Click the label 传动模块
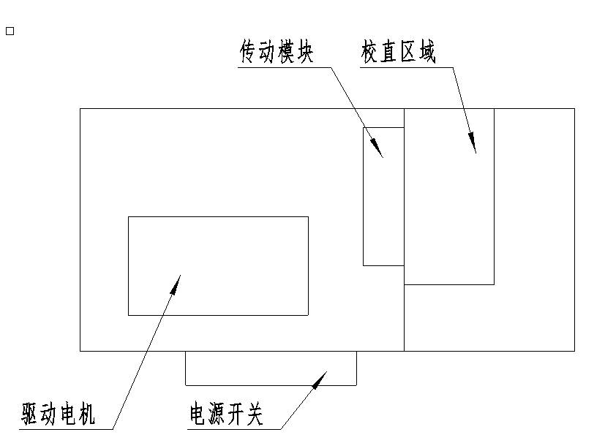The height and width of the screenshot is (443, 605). [277, 52]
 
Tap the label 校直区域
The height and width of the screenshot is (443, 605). [399, 52]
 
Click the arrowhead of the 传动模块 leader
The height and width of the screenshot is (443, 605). [379, 151]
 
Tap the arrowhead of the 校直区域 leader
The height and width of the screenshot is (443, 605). [473, 145]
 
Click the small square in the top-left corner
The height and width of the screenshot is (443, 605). [10, 31]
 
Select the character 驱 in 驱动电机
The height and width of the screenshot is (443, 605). [31, 414]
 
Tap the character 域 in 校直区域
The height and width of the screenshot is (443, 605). [426, 52]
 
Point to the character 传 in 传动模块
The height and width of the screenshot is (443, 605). [249, 52]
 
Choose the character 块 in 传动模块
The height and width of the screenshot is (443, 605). [304, 52]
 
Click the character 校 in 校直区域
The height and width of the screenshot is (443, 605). [371, 52]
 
